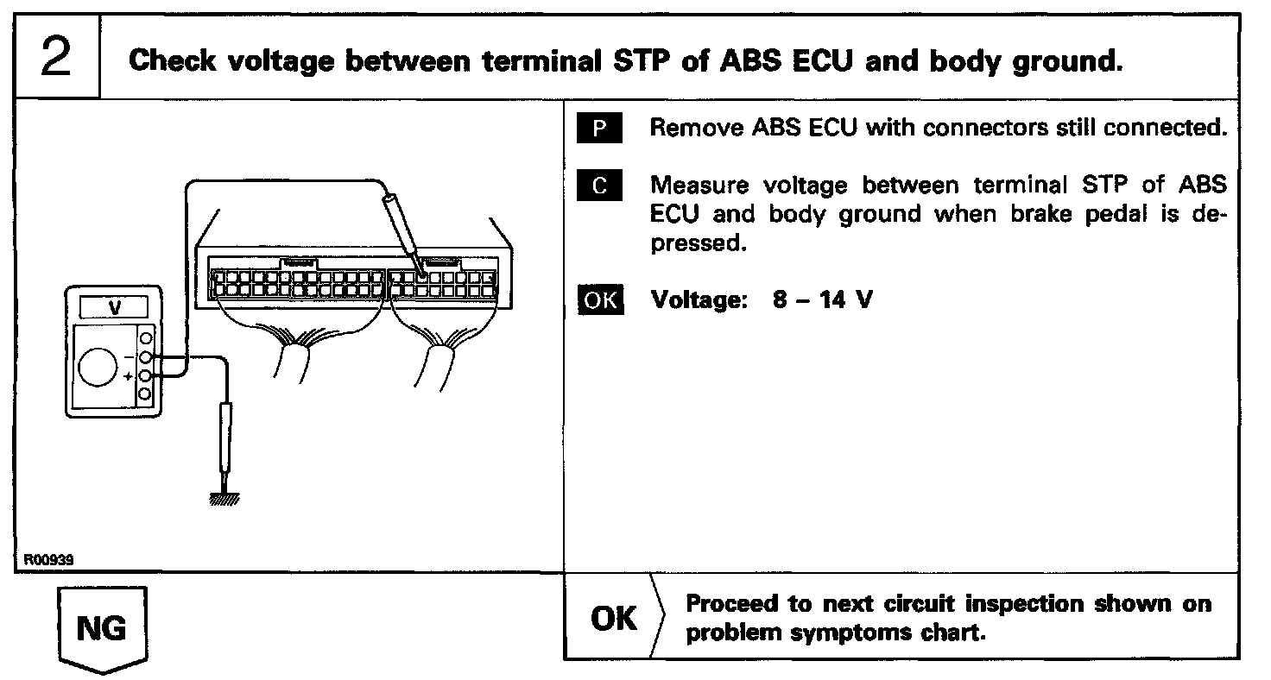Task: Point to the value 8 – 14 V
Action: (822, 301)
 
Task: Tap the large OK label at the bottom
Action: (615, 619)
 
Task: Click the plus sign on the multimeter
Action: (128, 377)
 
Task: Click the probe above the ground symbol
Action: (226, 440)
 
